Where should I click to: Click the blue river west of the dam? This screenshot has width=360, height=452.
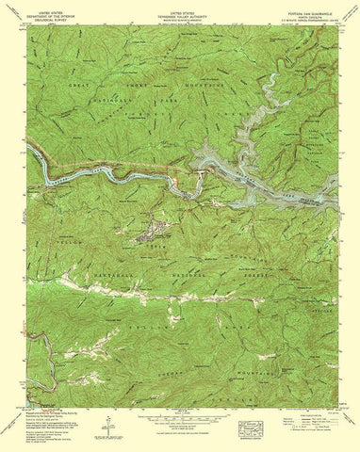[x=94, y=171]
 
